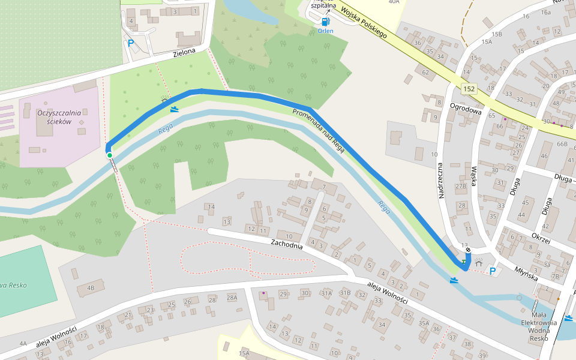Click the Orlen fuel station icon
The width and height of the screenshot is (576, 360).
point(325,22)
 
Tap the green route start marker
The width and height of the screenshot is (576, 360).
point(110,155)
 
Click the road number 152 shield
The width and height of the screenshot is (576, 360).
point(469,89)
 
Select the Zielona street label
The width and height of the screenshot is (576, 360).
point(184,53)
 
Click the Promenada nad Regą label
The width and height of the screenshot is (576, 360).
point(318,131)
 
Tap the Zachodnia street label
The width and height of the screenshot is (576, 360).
point(286,244)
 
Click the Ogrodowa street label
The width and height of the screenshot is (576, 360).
point(466,110)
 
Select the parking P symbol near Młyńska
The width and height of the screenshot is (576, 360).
point(493,271)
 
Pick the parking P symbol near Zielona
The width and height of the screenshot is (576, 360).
point(130,43)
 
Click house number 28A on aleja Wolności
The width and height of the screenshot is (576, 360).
point(232,298)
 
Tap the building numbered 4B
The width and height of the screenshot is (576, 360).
point(91,288)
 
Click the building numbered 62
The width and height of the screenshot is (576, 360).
point(425,73)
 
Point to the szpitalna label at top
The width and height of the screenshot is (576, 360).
point(323,5)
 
